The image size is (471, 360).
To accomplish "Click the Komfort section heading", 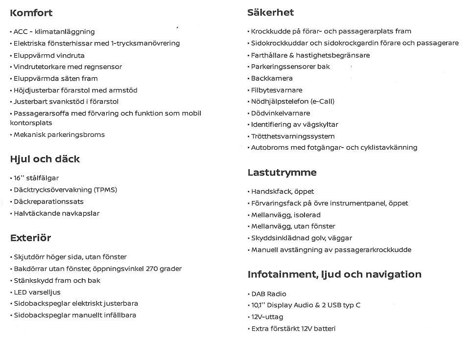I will pos(31,13).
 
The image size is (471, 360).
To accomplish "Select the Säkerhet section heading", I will pos(270,13).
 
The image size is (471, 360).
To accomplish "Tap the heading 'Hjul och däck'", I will pos(45,159).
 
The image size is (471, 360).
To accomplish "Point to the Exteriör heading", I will pos(30,238).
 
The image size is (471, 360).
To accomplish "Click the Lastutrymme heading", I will pos(282,173).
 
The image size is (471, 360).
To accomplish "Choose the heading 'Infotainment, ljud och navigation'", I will pos(334,274).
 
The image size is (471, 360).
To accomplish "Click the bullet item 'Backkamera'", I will pos(272,78).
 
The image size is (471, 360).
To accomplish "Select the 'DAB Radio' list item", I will pos(269,294).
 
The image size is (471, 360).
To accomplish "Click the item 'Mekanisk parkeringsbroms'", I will pos(59,135).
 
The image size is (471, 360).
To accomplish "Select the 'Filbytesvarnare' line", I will pos(277,90).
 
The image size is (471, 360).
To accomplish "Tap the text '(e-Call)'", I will pos(322,102).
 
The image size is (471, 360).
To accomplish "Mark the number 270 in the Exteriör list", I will pos(152,269).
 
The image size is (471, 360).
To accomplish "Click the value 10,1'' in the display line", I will pos(258,305).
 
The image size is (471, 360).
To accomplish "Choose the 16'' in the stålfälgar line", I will pos(19,178).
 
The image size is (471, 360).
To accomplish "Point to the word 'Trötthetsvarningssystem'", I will pos(293,136).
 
